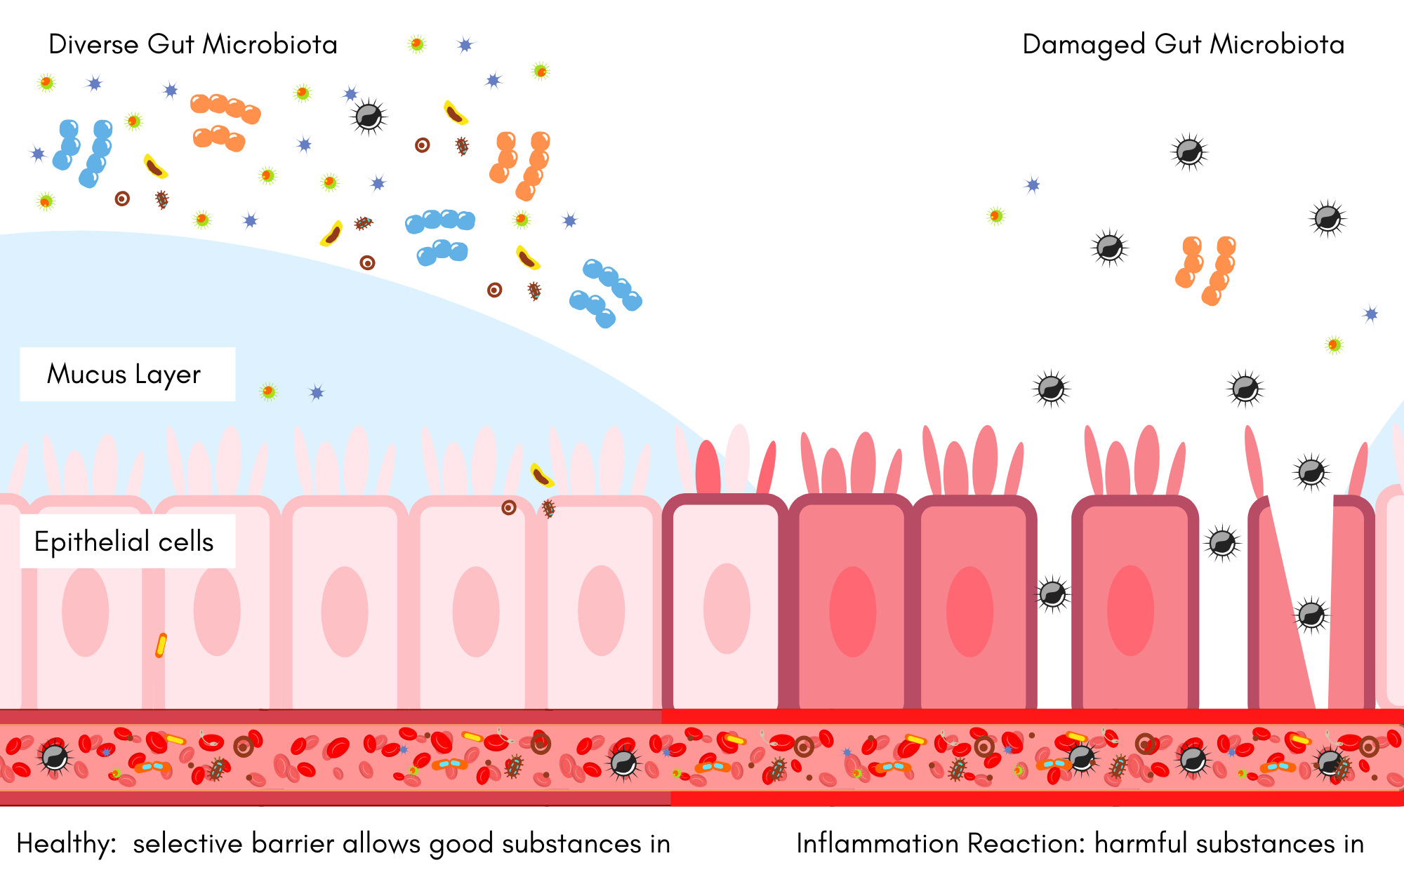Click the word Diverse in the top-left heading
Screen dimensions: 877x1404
point(93,44)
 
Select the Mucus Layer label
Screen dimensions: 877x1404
point(124,374)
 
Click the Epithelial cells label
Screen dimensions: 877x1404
point(124,542)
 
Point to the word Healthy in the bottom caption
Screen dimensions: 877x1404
point(65,843)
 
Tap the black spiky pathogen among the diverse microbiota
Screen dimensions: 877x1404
point(369,116)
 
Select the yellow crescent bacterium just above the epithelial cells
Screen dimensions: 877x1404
point(541,476)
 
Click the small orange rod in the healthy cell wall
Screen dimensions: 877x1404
point(161,645)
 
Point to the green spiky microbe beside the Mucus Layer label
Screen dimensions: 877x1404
point(269,391)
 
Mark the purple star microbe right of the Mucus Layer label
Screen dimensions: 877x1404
point(317,393)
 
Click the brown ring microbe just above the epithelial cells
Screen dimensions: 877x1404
point(509,507)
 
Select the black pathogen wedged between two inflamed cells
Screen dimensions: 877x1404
point(1052,594)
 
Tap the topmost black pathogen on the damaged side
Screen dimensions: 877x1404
point(1189,152)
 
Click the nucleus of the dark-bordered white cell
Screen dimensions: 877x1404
point(727,609)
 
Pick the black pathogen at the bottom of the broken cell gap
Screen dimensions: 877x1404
point(1311,615)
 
